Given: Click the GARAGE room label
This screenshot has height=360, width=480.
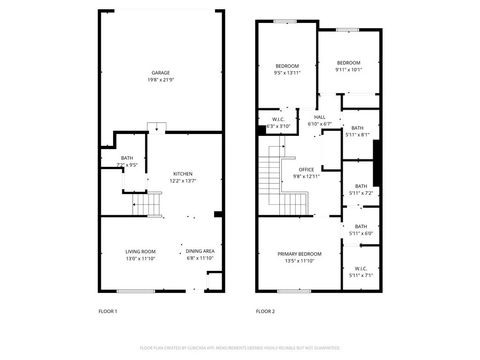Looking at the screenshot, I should [x=160, y=73].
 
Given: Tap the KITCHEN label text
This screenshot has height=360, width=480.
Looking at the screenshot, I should [x=182, y=173].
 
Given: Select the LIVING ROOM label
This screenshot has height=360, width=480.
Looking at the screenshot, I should [x=140, y=251].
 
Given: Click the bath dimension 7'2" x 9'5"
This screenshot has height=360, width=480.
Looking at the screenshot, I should [x=127, y=165].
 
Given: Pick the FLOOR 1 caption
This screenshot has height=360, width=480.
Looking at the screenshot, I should [x=108, y=312].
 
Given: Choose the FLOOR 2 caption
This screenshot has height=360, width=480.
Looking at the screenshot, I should [x=265, y=312].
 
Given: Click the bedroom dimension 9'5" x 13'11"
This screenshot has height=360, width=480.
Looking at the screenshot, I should [x=287, y=73].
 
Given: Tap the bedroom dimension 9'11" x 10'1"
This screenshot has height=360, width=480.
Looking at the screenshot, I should [x=349, y=69].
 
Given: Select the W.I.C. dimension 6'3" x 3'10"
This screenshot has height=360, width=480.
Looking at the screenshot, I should [x=279, y=126].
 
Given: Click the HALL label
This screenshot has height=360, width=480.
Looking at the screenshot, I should [x=320, y=118].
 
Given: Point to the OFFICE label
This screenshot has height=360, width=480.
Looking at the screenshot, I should [x=307, y=169].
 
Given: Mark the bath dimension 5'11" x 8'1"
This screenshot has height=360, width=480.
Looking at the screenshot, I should [x=358, y=134].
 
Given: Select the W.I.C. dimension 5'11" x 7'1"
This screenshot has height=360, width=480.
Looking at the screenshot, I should [x=360, y=273].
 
